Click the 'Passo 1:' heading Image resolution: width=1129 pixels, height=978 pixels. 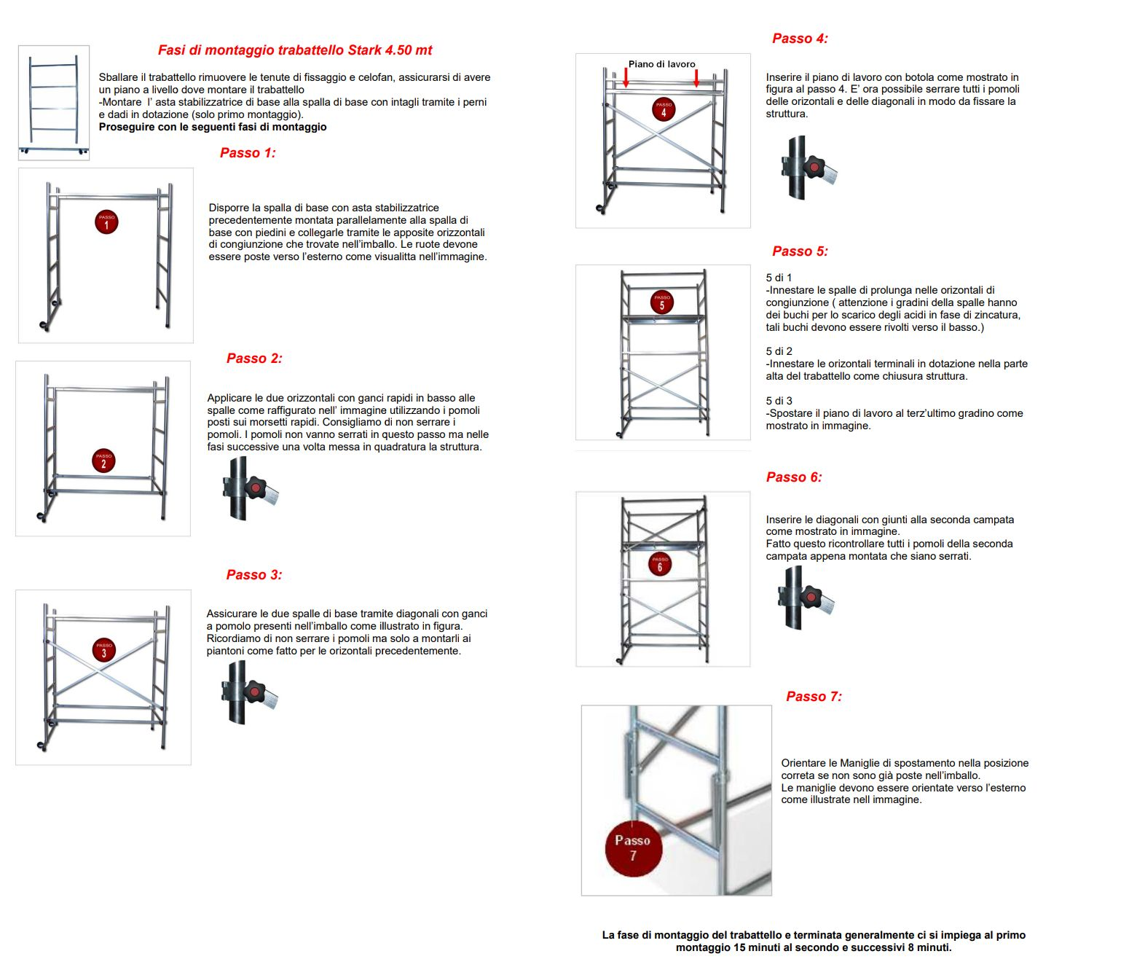(248, 153)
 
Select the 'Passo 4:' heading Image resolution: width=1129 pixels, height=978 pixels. (800, 39)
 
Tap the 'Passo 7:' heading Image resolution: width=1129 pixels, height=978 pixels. (814, 697)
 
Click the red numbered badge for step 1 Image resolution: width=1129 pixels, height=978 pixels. (106, 222)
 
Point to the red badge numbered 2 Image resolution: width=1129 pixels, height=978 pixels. (103, 461)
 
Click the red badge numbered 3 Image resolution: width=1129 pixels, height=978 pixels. (104, 649)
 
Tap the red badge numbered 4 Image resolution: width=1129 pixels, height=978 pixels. (664, 109)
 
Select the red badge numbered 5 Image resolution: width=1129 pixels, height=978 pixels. (662, 302)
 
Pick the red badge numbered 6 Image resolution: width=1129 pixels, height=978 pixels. (660, 564)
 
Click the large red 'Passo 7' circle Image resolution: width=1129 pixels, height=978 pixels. (633, 848)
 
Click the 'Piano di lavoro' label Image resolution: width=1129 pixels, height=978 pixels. (662, 64)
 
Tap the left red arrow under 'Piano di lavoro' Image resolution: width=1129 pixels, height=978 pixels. (626, 77)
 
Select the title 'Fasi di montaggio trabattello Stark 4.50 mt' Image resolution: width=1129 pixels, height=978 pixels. (295, 50)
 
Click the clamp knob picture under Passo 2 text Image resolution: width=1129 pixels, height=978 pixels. (250, 488)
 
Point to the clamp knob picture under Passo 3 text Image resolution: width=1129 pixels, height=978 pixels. (249, 692)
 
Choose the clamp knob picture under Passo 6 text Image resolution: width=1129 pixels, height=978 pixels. (806, 598)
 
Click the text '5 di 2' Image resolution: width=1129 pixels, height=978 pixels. (779, 351)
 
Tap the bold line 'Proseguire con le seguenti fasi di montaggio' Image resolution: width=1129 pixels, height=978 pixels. (213, 127)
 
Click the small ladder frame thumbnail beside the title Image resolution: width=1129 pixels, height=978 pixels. (54, 103)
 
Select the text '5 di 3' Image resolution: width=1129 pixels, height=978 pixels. (779, 401)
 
